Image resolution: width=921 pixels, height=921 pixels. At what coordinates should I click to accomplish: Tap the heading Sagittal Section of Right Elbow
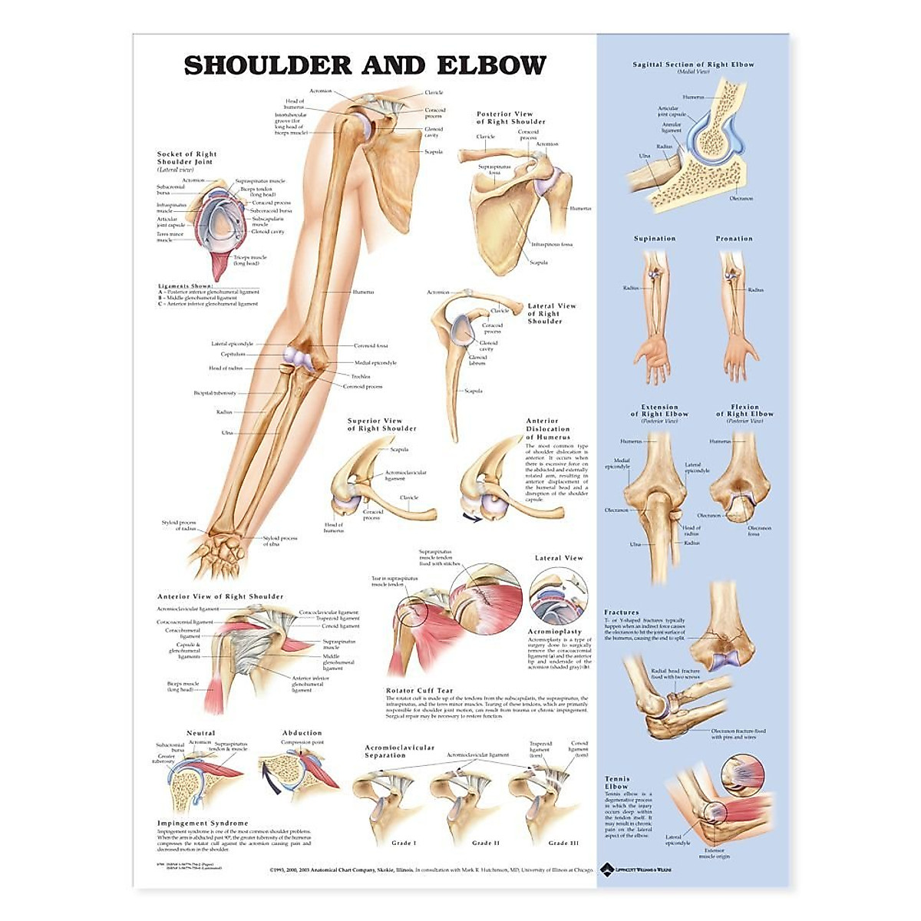[x=693, y=64]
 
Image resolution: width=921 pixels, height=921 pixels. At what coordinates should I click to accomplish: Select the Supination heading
[x=655, y=239]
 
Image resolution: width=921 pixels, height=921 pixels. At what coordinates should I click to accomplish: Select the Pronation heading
[x=734, y=239]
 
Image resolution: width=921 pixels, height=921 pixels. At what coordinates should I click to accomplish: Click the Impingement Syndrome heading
[x=203, y=823]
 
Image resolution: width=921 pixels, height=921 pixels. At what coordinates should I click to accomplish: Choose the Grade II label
[x=487, y=843]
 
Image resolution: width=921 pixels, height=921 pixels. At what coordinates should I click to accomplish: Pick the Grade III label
[x=563, y=843]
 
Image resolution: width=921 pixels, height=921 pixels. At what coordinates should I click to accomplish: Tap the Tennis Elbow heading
[x=616, y=783]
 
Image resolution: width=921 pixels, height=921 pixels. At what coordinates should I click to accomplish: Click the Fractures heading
[x=621, y=612]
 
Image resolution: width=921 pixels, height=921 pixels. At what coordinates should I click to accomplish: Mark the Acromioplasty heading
[x=555, y=632]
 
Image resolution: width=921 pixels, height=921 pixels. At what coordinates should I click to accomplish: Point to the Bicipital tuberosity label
[x=215, y=393]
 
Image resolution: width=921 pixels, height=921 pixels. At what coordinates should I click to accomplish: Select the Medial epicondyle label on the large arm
[x=375, y=362]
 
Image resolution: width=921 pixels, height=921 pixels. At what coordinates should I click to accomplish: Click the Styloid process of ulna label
[x=280, y=541]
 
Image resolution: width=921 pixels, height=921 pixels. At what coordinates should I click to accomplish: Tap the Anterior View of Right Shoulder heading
[x=220, y=596]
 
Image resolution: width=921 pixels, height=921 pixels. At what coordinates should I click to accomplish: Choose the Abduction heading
[x=302, y=733]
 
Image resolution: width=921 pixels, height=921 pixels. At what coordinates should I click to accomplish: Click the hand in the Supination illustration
[x=655, y=361]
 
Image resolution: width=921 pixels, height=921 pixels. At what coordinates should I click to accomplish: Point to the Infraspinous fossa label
[x=552, y=244]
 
